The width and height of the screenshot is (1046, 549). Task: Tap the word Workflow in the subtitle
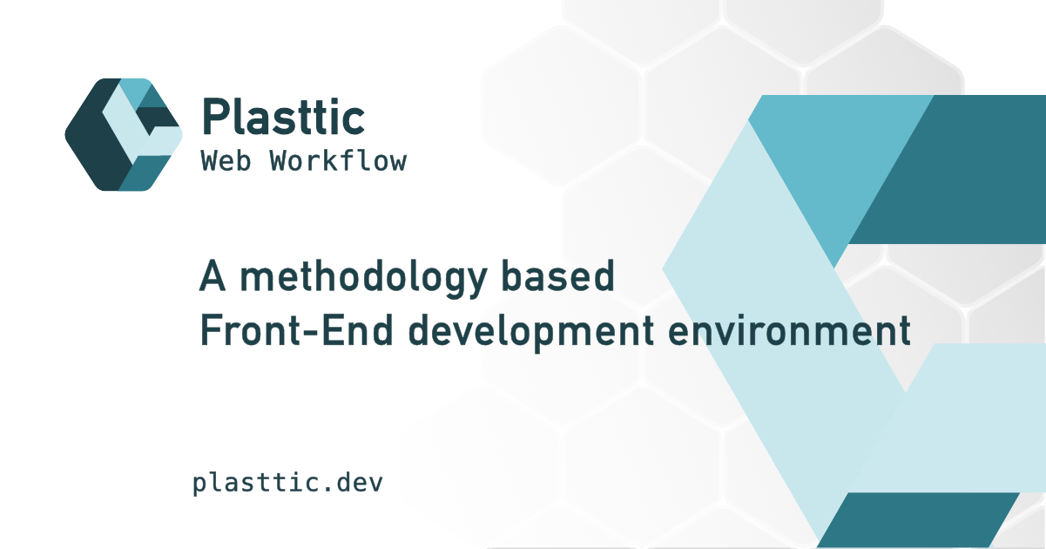pyautogui.click(x=338, y=161)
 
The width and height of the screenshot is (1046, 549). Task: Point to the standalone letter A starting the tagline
pyautogui.click(x=214, y=277)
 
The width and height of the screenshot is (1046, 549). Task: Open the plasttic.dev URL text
pyautogui.click(x=287, y=483)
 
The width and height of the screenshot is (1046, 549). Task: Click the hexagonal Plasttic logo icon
pyautogui.click(x=123, y=134)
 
